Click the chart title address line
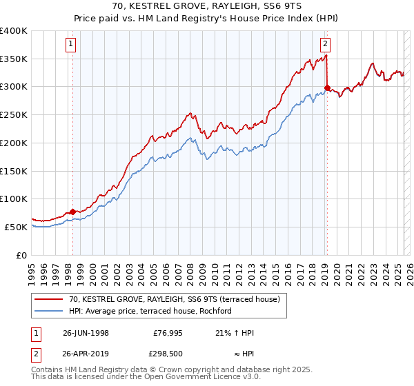point(206,6)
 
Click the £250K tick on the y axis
point(14,115)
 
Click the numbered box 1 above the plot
point(72,45)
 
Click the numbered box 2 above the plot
point(325,45)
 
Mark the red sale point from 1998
point(73,212)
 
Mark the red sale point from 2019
point(327,88)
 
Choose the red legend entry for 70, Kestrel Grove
point(174,299)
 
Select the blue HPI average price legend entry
point(150,311)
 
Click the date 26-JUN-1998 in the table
point(86,333)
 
